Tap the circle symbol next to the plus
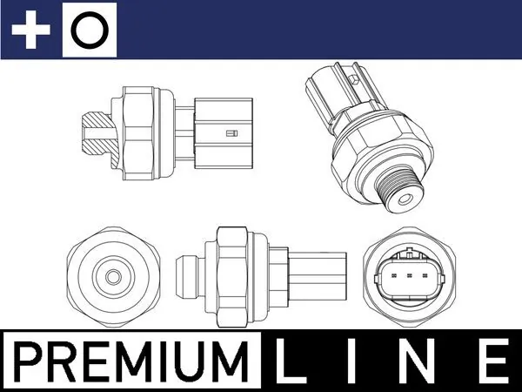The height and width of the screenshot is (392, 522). click(90, 31)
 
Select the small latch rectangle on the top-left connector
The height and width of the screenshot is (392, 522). click(231, 133)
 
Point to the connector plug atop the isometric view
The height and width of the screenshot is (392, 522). click(330, 92)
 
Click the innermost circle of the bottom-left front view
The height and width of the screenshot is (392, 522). click(112, 276)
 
